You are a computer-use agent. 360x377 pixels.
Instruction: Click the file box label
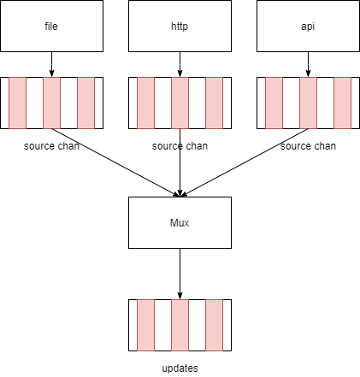(x=51, y=27)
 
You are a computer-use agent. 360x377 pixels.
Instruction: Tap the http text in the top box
(x=180, y=27)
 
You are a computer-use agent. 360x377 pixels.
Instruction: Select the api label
(x=308, y=27)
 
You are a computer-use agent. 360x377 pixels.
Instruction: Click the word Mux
(x=180, y=223)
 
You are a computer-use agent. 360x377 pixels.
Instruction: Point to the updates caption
(x=180, y=368)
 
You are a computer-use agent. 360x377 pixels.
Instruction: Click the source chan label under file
(x=51, y=146)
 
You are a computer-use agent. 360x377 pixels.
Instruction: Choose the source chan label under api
(x=308, y=146)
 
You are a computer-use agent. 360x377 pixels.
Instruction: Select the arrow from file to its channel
(x=51, y=64)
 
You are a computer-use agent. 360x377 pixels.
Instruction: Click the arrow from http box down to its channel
(x=180, y=64)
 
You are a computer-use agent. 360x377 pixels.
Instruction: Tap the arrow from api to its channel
(x=308, y=64)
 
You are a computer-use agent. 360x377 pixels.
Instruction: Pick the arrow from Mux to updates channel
(x=180, y=274)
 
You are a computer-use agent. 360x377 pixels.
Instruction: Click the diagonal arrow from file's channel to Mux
(x=115, y=162)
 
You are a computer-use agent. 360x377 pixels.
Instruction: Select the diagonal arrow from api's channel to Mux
(x=244, y=162)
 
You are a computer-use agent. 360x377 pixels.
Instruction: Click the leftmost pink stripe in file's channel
(x=18, y=103)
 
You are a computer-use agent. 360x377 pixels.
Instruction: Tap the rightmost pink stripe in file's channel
(x=86, y=103)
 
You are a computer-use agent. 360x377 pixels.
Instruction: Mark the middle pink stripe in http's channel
(x=180, y=103)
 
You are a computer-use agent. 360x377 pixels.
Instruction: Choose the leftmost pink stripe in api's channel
(x=274, y=103)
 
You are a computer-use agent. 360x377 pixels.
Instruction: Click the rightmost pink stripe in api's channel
(x=342, y=103)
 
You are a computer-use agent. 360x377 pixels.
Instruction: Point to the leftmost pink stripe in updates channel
(x=146, y=325)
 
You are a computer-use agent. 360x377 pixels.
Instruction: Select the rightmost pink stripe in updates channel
(x=214, y=325)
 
